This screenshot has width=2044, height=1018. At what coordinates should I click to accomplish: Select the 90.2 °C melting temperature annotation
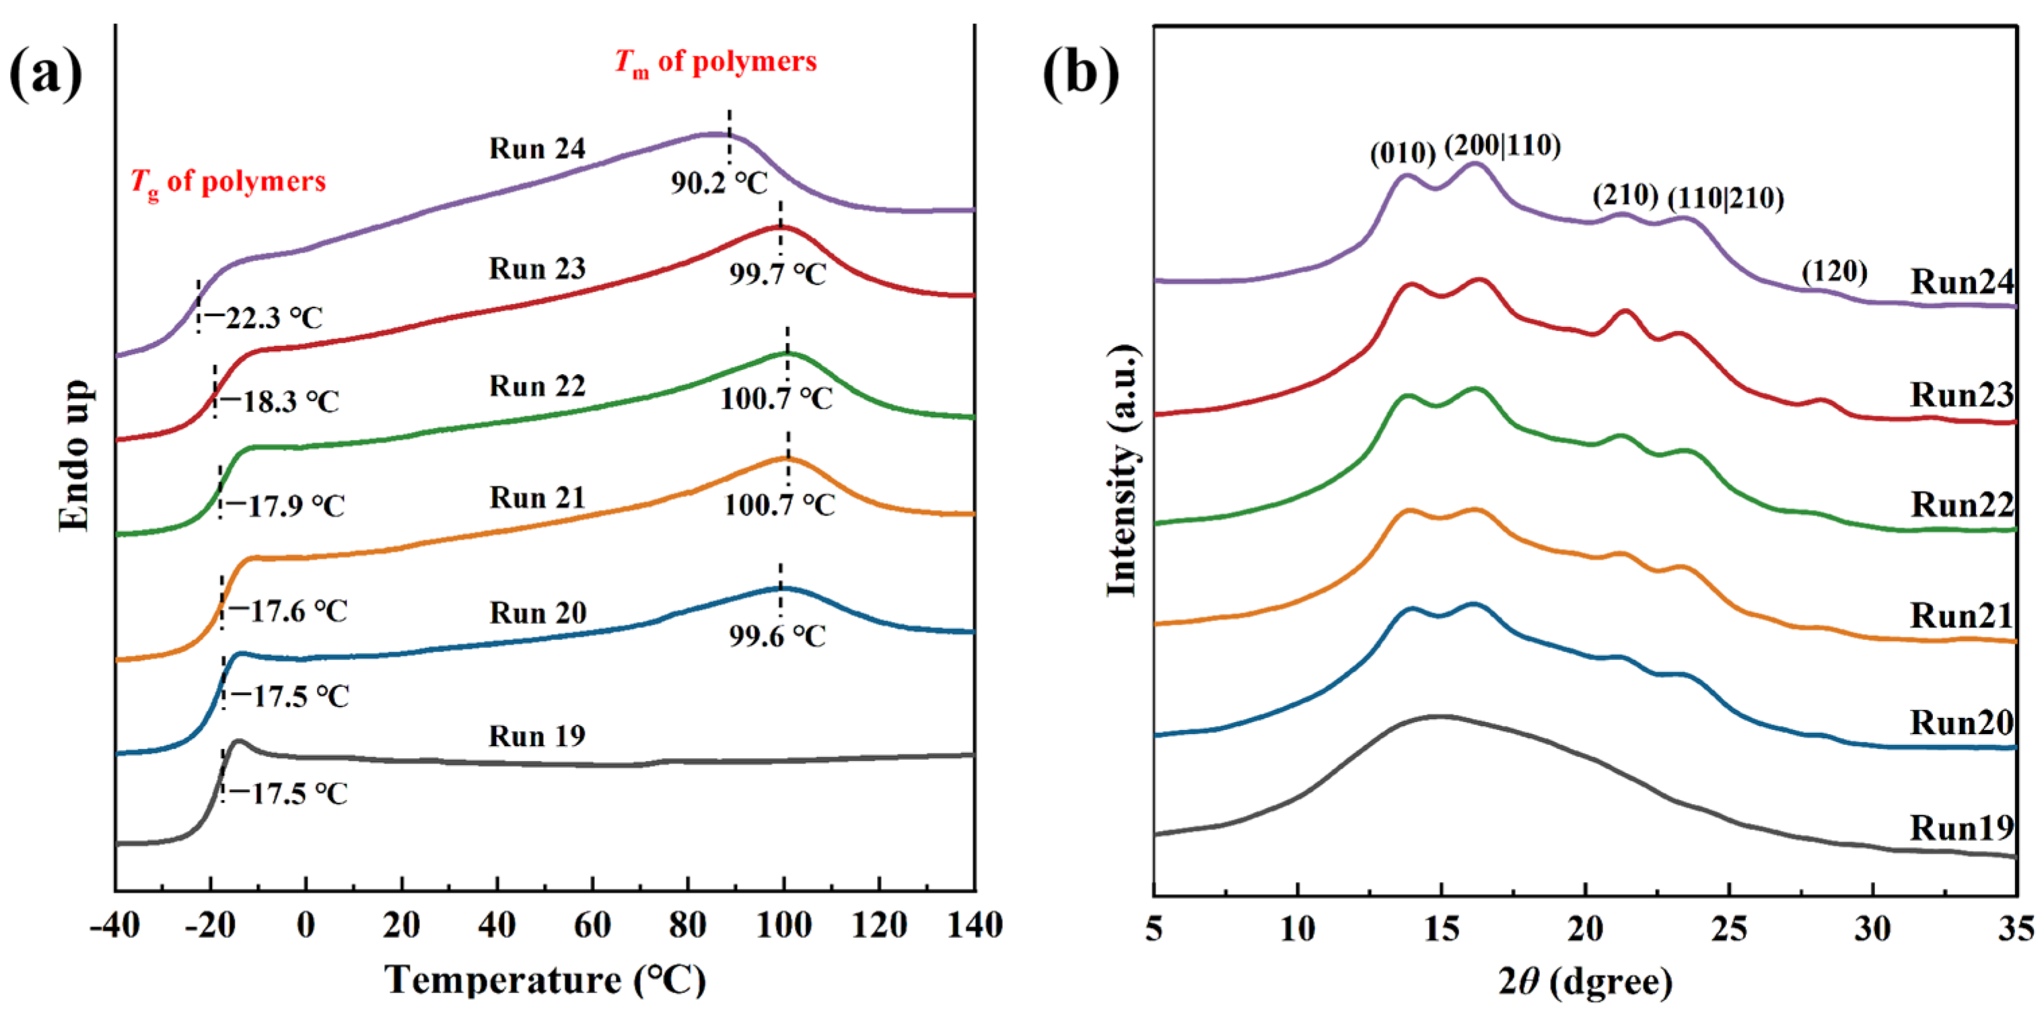click(719, 183)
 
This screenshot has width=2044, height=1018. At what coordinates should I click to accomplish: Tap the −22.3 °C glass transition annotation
click(265, 318)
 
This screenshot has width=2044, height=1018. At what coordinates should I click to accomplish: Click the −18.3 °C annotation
click(279, 402)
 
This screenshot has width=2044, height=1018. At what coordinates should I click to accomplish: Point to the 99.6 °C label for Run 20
click(777, 636)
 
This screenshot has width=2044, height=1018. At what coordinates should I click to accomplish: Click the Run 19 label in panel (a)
click(537, 735)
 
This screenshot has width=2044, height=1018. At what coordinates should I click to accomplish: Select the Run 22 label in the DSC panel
click(537, 386)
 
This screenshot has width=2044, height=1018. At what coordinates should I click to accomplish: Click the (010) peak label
click(1403, 153)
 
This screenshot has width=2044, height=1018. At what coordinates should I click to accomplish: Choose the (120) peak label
click(1834, 271)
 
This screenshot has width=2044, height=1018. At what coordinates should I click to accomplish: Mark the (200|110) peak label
click(1502, 145)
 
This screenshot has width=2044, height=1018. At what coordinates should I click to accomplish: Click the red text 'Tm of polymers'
click(715, 62)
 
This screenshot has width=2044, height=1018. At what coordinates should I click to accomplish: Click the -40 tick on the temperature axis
click(116, 925)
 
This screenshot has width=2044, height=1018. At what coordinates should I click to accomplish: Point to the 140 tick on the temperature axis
click(975, 925)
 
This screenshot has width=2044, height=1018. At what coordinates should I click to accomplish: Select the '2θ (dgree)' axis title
click(1584, 982)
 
